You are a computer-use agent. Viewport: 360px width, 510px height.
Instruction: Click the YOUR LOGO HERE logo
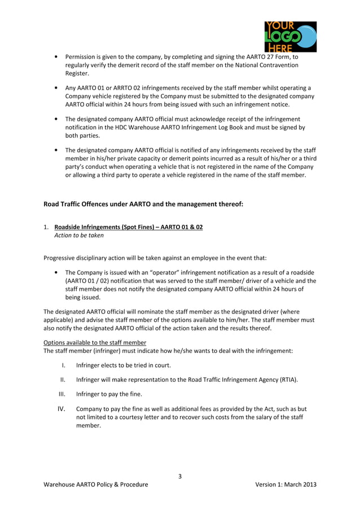[x=289, y=37]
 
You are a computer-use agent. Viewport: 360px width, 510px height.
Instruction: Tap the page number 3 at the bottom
[x=180, y=476]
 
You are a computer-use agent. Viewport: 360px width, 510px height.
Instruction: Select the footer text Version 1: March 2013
[x=286, y=485]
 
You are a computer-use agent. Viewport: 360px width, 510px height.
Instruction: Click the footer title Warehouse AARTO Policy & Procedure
[x=96, y=485]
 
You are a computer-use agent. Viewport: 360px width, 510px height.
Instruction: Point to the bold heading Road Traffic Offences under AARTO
[x=143, y=204]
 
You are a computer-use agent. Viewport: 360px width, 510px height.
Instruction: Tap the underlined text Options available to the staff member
[x=95, y=343]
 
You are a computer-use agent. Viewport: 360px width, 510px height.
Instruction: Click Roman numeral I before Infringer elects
[x=63, y=365]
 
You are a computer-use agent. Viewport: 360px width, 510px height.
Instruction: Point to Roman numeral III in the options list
[x=63, y=394]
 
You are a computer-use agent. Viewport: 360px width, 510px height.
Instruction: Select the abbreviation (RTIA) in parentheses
[x=287, y=380]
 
